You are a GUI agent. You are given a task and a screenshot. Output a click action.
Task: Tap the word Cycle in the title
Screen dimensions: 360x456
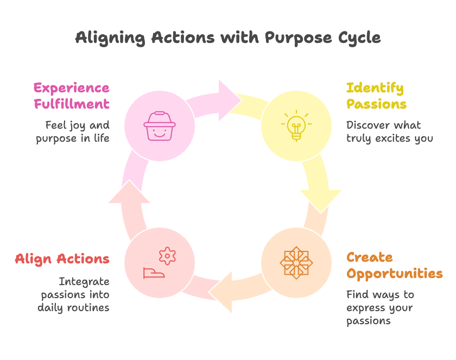(359, 38)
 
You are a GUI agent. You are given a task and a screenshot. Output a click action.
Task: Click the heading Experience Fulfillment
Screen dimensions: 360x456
(71, 96)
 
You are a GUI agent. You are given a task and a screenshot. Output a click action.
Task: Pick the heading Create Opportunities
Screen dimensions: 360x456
(394, 265)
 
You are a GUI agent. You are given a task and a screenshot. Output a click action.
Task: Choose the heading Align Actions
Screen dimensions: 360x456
(62, 259)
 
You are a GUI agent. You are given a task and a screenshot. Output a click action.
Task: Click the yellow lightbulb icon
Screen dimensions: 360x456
(296, 126)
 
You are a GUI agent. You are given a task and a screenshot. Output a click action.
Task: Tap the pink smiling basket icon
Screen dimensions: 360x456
(159, 126)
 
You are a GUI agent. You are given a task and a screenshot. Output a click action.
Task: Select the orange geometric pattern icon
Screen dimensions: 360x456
(296, 263)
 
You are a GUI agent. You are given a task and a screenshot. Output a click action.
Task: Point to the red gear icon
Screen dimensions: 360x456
(167, 255)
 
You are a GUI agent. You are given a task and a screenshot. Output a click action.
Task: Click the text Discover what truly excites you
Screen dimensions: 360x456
(389, 131)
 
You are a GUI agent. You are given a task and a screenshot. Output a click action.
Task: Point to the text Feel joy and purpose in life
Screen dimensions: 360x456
(73, 131)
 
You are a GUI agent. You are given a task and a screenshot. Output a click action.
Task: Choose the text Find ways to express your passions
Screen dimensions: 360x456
(379, 307)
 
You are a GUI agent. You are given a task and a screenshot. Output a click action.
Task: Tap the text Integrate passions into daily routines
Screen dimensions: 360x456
(73, 294)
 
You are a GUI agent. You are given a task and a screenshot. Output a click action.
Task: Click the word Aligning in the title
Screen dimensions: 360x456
(110, 38)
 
